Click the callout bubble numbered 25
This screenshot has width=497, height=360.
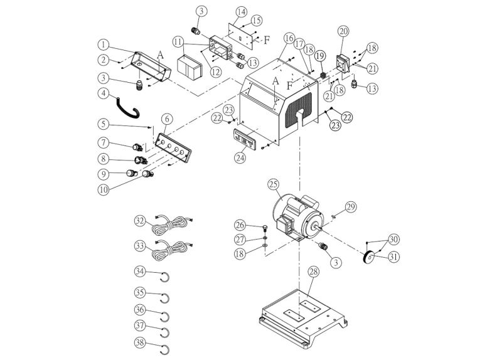272,184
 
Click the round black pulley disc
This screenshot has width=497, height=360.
370,257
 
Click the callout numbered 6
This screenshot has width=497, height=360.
166,119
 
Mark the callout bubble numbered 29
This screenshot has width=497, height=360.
350,206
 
